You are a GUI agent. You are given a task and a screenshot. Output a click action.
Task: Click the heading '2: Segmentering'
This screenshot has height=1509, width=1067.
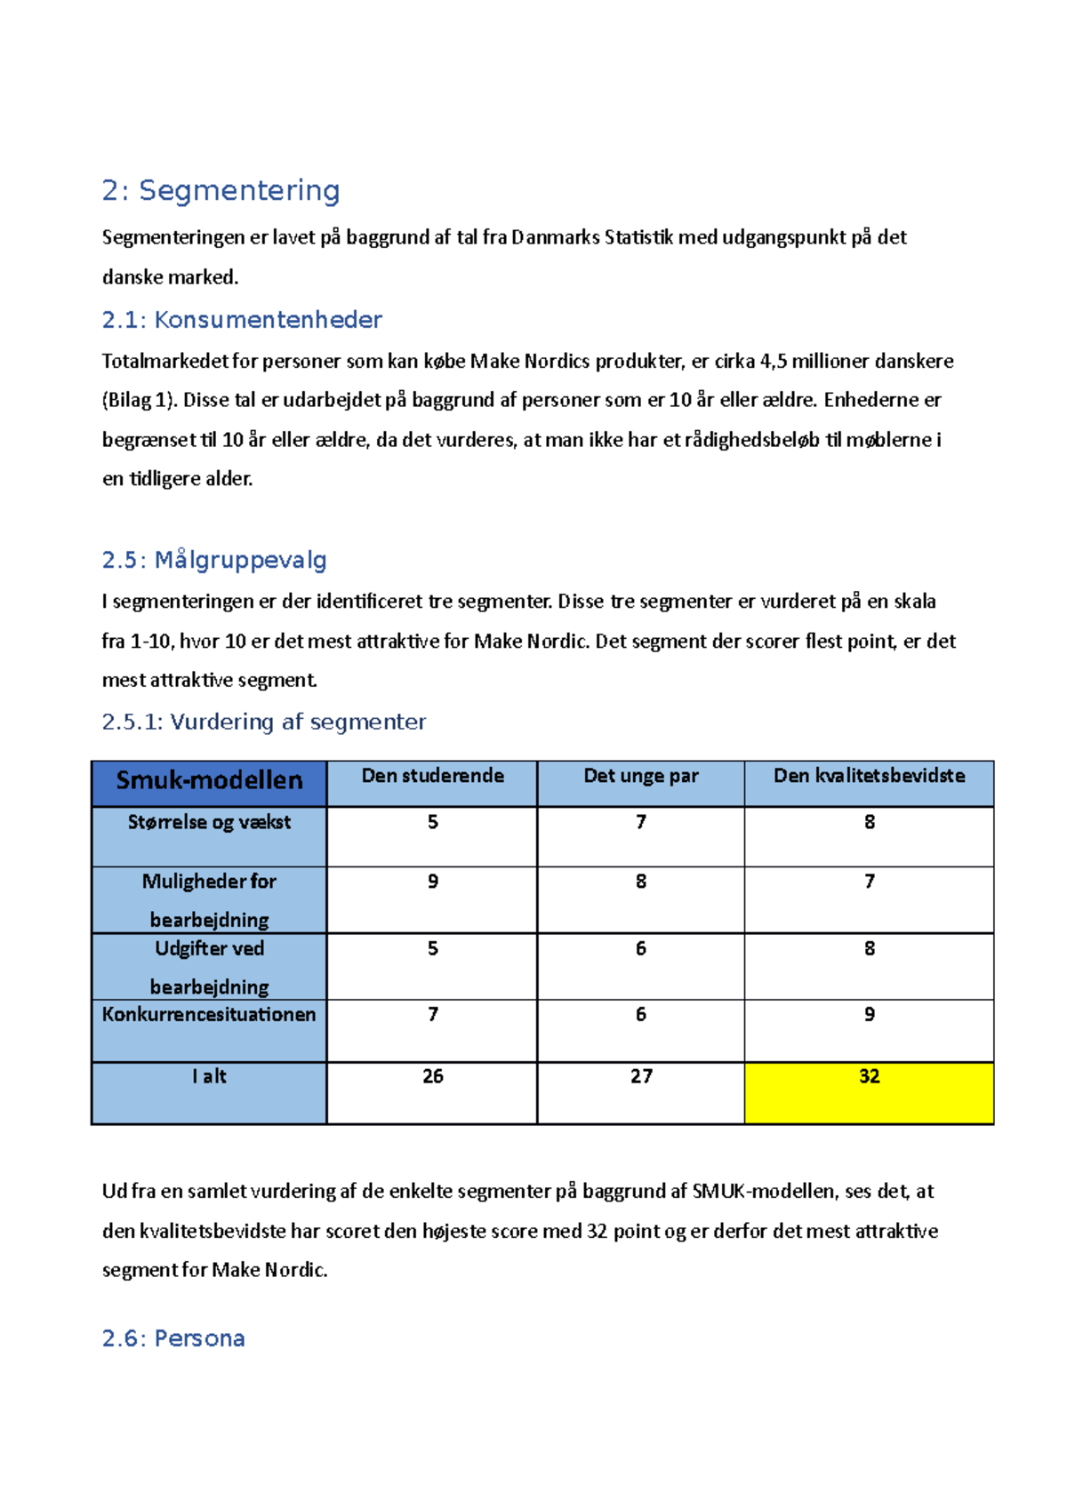click(221, 190)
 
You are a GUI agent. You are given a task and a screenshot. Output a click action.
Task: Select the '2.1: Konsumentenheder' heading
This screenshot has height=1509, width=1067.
click(242, 320)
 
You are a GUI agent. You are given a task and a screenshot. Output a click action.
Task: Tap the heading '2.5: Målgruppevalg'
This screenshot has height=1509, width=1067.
click(214, 560)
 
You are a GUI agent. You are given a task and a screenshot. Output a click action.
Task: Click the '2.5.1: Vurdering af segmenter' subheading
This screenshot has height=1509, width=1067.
click(264, 722)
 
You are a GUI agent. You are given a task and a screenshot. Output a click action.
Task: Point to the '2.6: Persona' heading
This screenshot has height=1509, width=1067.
click(173, 1338)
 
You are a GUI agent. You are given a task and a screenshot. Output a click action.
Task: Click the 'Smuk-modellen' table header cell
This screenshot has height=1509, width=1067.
click(209, 780)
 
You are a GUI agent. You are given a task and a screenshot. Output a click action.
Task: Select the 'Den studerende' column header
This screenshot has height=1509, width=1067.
click(432, 776)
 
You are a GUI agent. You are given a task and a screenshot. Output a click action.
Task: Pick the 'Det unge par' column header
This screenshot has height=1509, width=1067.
click(640, 776)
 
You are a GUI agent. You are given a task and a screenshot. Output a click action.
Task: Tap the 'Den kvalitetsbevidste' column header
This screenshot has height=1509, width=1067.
click(869, 776)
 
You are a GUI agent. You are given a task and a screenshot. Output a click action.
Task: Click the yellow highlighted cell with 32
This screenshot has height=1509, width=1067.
click(869, 1091)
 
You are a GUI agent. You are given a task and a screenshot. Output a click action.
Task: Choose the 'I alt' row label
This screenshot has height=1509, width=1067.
click(209, 1076)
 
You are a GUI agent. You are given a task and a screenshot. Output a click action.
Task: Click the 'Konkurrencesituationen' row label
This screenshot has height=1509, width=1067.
click(209, 1015)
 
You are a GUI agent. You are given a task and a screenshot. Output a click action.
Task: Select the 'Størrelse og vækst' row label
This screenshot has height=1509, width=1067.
click(209, 822)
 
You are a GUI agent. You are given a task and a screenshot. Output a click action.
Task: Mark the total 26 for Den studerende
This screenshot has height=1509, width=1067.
click(432, 1076)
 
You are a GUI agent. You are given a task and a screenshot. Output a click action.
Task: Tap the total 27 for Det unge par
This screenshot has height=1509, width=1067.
click(641, 1076)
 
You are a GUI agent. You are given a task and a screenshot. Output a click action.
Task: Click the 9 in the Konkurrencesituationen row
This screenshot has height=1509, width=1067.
click(869, 1015)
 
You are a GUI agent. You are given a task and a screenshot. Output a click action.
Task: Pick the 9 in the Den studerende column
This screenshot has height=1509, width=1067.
click(432, 882)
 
